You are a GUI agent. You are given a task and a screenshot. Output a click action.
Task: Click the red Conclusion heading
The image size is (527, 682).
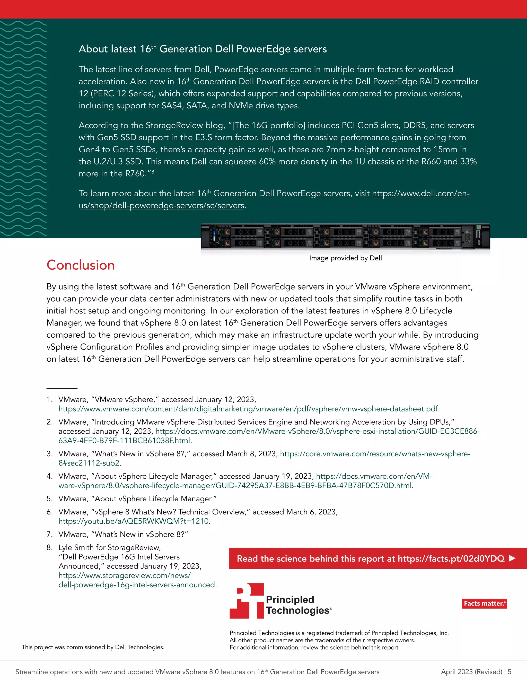click(x=81, y=265)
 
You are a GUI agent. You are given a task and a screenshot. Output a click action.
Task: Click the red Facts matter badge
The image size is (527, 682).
click(x=484, y=603)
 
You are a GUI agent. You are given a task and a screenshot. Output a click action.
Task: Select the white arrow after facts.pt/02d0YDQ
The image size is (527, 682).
click(x=512, y=558)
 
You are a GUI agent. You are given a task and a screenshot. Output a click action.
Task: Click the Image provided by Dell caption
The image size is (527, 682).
click(x=345, y=258)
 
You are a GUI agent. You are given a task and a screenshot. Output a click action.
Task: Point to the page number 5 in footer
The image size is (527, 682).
click(x=510, y=672)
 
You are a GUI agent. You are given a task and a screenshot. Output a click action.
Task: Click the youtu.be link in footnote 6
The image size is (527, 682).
click(x=134, y=521)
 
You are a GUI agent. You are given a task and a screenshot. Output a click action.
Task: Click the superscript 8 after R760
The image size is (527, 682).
click(x=153, y=171)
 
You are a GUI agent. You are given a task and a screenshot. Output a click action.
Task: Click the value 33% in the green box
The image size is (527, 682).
click(x=469, y=161)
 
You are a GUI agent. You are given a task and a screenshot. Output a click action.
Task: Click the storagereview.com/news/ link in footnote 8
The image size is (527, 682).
click(x=124, y=575)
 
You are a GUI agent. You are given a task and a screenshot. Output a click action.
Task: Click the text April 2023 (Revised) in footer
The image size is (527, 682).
click(x=471, y=672)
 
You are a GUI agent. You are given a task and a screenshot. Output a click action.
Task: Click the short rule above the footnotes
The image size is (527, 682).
click(x=62, y=388)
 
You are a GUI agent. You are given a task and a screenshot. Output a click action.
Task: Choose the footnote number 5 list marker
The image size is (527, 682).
click(x=49, y=499)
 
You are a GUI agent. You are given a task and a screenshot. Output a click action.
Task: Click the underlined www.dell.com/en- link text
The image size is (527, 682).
click(x=420, y=193)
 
